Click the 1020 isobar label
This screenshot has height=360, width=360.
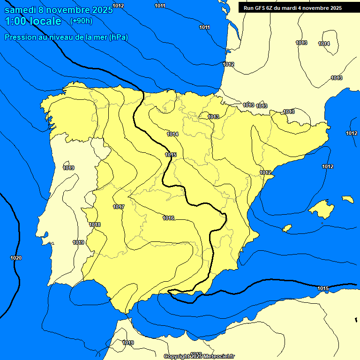coord(15,258)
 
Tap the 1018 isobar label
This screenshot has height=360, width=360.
coord(95,225)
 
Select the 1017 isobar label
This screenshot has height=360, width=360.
coord(119,207)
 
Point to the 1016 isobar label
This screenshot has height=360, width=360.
coord(169,218)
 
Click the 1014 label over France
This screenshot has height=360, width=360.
coord(324,44)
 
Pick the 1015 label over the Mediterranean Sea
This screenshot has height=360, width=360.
coord(323,288)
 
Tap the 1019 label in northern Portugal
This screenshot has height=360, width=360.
coord(68,168)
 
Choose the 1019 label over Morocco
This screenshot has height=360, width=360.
coord(128,343)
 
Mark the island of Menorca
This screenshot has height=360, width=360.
coord(347,199)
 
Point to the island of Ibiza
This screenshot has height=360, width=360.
coord(287,228)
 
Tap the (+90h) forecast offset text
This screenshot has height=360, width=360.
coord(81,21)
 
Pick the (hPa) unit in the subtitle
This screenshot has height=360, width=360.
coord(119,37)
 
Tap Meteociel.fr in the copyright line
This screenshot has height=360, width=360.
coord(217,357)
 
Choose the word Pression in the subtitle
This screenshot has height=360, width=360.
coord(19,37)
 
